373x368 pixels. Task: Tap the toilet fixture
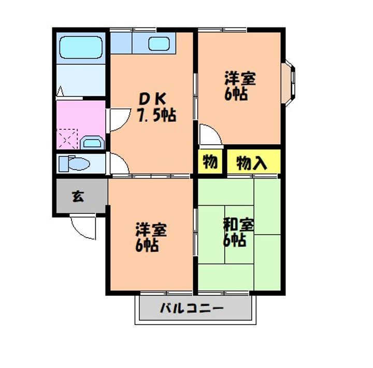74,164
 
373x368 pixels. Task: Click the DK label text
152,99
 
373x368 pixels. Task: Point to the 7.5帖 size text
156,115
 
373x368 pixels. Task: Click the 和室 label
239,226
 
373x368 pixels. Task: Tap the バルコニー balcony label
191,308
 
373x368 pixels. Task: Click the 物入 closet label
252,163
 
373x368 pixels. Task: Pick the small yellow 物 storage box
209,162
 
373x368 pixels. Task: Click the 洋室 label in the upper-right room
240,79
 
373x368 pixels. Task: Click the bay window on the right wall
291,81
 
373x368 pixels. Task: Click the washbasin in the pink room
93,142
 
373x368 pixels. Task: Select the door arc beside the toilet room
119,165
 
